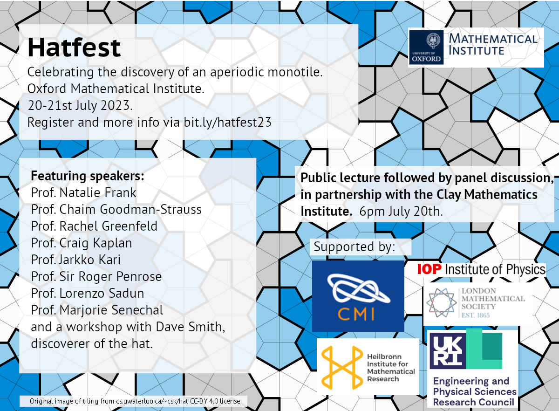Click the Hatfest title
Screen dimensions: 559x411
point(74,48)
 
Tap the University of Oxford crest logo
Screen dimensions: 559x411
point(426,48)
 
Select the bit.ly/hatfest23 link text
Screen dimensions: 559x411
point(227,123)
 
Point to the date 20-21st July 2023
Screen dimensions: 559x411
point(80,105)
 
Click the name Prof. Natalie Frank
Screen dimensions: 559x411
point(83,193)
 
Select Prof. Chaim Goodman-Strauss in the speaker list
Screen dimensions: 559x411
point(116,209)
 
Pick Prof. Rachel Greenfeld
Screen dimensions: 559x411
point(94,226)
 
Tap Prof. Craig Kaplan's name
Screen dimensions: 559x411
point(82,243)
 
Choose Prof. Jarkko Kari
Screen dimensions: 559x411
point(75,260)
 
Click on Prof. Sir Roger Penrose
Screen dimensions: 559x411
point(96,276)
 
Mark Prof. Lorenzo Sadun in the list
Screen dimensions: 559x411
point(88,293)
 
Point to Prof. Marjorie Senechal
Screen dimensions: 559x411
point(97,310)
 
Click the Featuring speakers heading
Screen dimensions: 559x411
point(88,176)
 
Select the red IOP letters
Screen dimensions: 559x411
point(429,269)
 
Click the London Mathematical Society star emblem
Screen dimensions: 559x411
point(441,302)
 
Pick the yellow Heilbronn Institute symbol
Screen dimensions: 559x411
point(342,368)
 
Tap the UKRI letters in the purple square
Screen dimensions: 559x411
point(448,351)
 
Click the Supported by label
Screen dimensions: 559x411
point(354,247)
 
